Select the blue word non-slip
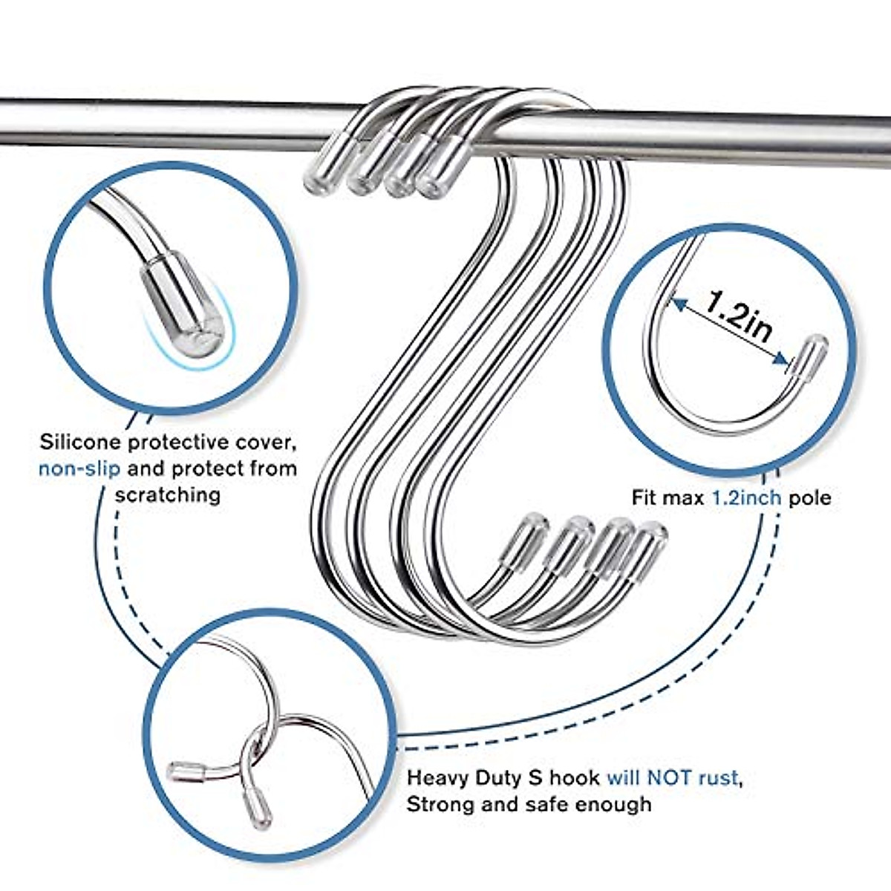click(79, 469)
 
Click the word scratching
click(167, 495)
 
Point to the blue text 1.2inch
click(747, 497)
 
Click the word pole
click(810, 497)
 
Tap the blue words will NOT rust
click(673, 778)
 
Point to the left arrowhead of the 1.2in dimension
click(677, 301)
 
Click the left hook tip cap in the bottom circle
click(183, 772)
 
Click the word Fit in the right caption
click(644, 497)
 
